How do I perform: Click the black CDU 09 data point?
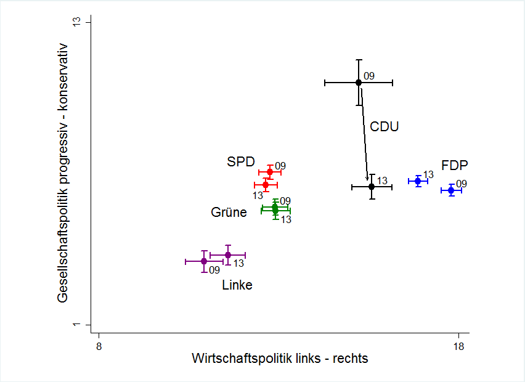click(359, 83)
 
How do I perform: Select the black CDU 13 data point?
click(372, 187)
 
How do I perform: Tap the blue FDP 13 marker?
click(418, 181)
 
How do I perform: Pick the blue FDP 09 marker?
click(451, 190)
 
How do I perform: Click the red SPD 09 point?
click(270, 172)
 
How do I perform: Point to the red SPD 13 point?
click(266, 185)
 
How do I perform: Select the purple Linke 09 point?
click(204, 261)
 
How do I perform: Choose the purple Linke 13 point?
click(228, 255)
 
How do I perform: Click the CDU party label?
click(385, 127)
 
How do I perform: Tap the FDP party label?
click(455, 165)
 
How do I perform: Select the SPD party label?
click(241, 162)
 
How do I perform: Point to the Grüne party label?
click(229, 213)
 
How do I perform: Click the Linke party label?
click(237, 285)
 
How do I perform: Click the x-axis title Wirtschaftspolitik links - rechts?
click(280, 359)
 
